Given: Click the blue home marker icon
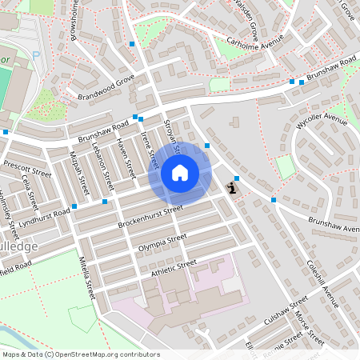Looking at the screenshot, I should click(180, 172).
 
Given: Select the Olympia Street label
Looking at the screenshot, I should click(162, 243).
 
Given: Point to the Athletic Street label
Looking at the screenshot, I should click(173, 269).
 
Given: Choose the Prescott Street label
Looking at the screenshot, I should click(27, 168).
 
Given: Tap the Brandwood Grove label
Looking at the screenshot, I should click(106, 87).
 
